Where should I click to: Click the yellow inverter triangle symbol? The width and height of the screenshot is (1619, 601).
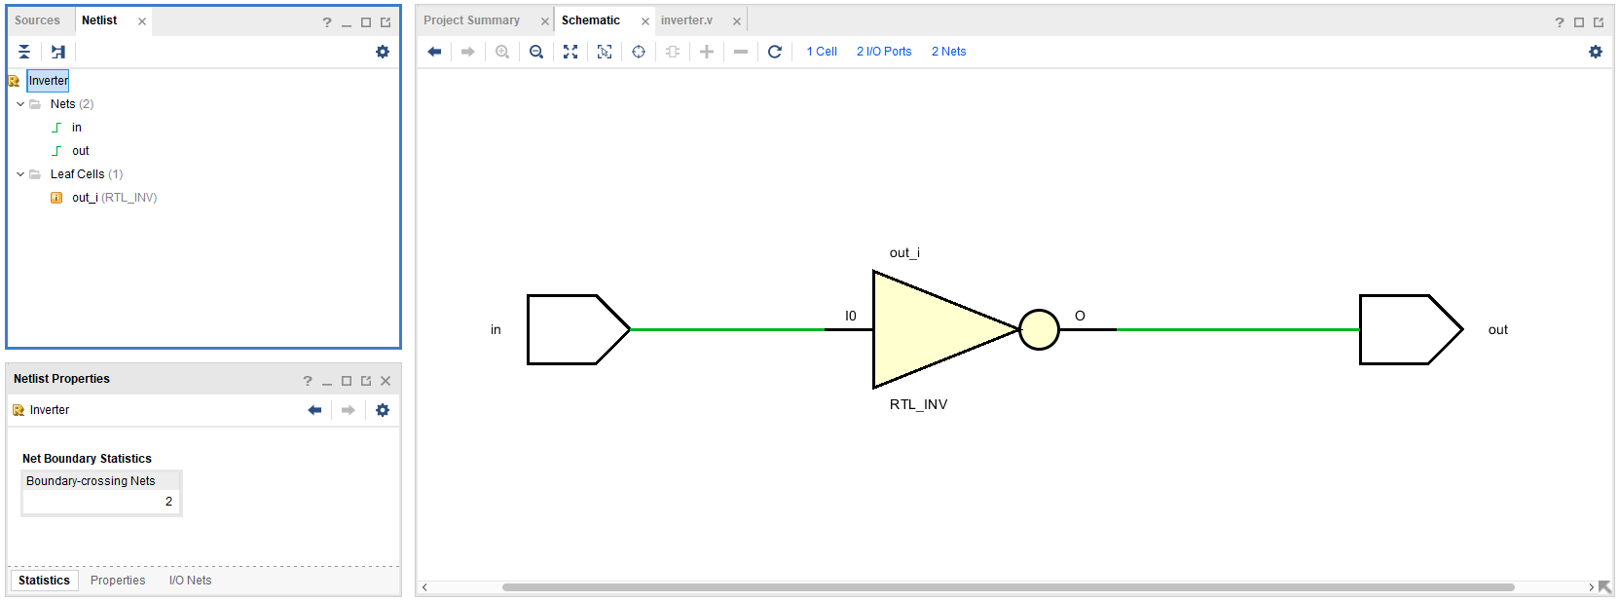click(x=933, y=330)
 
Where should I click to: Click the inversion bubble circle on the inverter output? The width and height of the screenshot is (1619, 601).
click(x=1040, y=330)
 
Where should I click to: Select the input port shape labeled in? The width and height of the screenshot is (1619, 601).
click(x=578, y=330)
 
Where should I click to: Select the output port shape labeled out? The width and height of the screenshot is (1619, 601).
click(x=1411, y=330)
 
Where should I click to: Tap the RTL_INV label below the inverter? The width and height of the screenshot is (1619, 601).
click(x=918, y=404)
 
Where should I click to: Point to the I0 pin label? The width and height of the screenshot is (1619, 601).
click(x=851, y=316)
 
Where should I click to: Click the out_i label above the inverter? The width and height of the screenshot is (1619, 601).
click(x=904, y=252)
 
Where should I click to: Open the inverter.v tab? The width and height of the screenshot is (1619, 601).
click(x=686, y=20)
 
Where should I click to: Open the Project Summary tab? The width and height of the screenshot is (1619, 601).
click(x=471, y=20)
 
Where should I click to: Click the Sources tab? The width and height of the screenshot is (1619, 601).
click(x=37, y=20)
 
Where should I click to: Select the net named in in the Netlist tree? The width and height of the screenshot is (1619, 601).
click(x=77, y=128)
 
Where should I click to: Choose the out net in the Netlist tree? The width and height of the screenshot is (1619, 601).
click(x=80, y=150)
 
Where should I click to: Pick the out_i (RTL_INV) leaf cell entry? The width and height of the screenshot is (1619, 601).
click(x=114, y=198)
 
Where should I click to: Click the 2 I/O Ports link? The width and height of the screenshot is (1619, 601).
click(x=884, y=52)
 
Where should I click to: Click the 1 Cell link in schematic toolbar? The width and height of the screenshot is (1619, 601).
click(x=822, y=52)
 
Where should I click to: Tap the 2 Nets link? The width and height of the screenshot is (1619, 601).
click(x=948, y=52)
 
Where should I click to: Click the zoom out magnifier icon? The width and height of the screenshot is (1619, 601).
click(x=536, y=52)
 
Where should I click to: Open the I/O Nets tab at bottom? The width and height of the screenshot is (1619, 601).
click(x=190, y=580)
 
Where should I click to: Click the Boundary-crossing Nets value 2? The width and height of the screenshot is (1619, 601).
click(x=169, y=502)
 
